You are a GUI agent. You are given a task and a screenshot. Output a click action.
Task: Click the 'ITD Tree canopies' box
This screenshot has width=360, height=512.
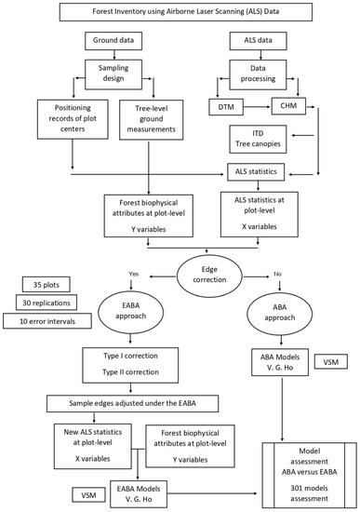258,141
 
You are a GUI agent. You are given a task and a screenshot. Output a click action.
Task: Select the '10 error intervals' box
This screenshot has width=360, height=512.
52,322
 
